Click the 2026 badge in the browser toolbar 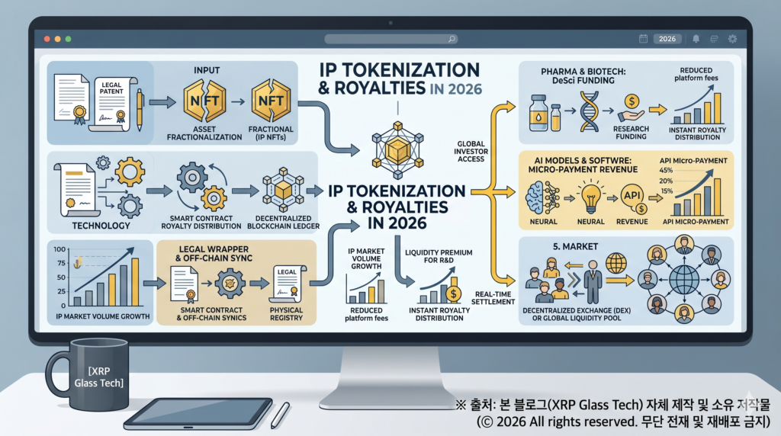pyautogui.click(x=667, y=39)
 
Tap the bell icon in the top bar pyautogui.click(x=696, y=39)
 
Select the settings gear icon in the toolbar pyautogui.click(x=732, y=39)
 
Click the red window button pyautogui.click(x=47, y=39)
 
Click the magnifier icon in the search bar pyautogui.click(x=452, y=39)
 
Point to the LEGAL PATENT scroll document pyautogui.click(x=113, y=104)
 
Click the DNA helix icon pyautogui.click(x=589, y=111)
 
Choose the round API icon pyautogui.click(x=633, y=197)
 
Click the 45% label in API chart pyautogui.click(x=666, y=170)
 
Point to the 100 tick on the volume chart pyautogui.click(x=59, y=248)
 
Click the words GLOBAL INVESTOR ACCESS pyautogui.click(x=471, y=152)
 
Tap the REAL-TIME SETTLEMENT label pyautogui.click(x=493, y=297)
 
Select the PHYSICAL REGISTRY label pyautogui.click(x=286, y=313)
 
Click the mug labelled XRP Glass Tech pyautogui.click(x=92, y=374)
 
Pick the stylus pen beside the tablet pyautogui.click(x=281, y=415)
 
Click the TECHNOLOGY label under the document pyautogui.click(x=101, y=226)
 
